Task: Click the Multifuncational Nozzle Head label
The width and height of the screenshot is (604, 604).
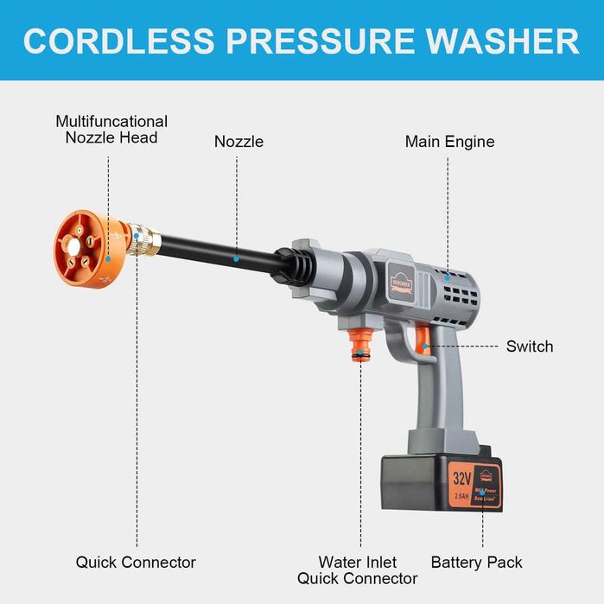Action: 111,129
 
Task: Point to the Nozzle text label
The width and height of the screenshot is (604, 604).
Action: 238,141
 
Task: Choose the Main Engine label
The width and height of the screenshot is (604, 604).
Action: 449,141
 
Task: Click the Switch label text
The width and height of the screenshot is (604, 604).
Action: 530,347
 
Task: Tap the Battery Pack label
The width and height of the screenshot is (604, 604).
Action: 476,563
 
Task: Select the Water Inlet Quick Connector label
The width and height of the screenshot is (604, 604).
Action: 358,570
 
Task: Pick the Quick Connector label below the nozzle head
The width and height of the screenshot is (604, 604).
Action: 136,563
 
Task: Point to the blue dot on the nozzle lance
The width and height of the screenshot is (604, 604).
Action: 235,257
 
